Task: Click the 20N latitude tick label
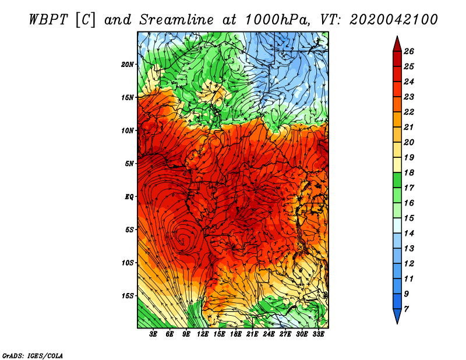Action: (128, 64)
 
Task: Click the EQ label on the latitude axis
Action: (129, 196)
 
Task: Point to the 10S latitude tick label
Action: (128, 263)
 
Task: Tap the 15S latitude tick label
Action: (128, 296)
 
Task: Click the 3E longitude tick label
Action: (154, 334)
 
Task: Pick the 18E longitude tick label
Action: (236, 334)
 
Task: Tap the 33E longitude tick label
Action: (319, 334)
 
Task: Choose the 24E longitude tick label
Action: (269, 334)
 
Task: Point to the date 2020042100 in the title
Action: (394, 19)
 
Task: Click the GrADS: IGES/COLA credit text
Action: (33, 355)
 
